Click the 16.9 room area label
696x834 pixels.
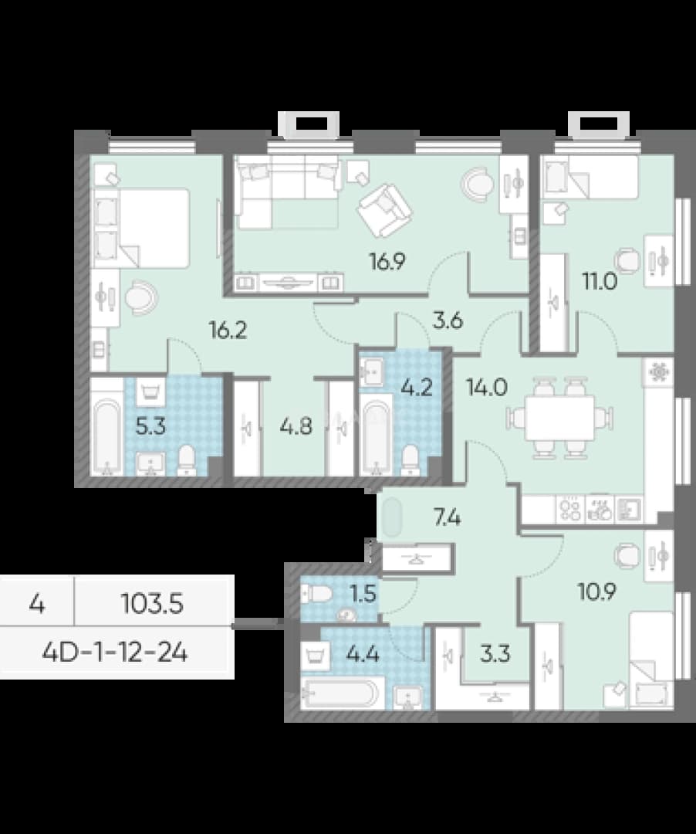pyautogui.click(x=388, y=261)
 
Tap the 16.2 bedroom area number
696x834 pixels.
pyautogui.click(x=228, y=331)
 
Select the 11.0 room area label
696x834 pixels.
pyautogui.click(x=600, y=281)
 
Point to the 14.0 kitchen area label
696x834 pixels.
pyautogui.click(x=487, y=387)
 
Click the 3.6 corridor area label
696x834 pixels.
pyautogui.click(x=448, y=321)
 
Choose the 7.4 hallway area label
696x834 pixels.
pyautogui.click(x=447, y=517)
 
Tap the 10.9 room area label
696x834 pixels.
pyautogui.click(x=597, y=591)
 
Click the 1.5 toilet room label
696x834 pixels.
pyautogui.click(x=363, y=592)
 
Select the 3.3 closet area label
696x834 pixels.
pyautogui.click(x=495, y=654)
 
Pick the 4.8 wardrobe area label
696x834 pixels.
pyautogui.click(x=296, y=426)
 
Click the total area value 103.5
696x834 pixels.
pyautogui.click(x=153, y=604)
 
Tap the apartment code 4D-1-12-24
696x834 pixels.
pyautogui.click(x=115, y=653)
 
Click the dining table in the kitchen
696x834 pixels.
pyautogui.click(x=560, y=418)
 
